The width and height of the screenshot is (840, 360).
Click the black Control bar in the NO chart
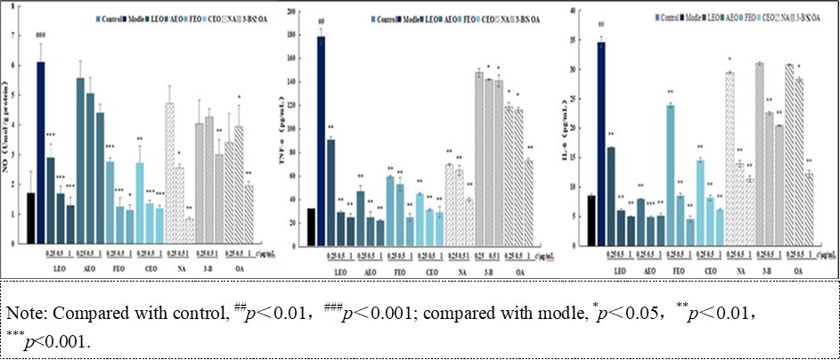pyautogui.click(x=31, y=218)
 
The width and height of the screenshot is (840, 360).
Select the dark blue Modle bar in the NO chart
pyautogui.click(x=41, y=152)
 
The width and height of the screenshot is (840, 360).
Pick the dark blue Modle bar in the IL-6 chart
pyautogui.click(x=601, y=143)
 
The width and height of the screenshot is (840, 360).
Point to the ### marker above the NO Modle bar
pyautogui.click(x=41, y=37)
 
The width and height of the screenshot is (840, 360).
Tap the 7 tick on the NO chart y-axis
pyautogui.click(x=12, y=35)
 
